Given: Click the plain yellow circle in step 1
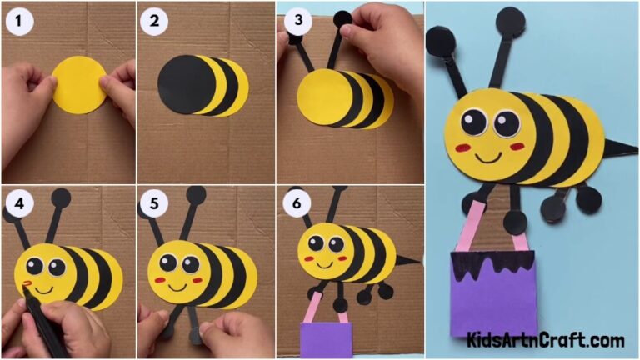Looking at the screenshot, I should tap(80, 83).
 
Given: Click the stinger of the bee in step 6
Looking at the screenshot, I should tap(407, 261).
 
